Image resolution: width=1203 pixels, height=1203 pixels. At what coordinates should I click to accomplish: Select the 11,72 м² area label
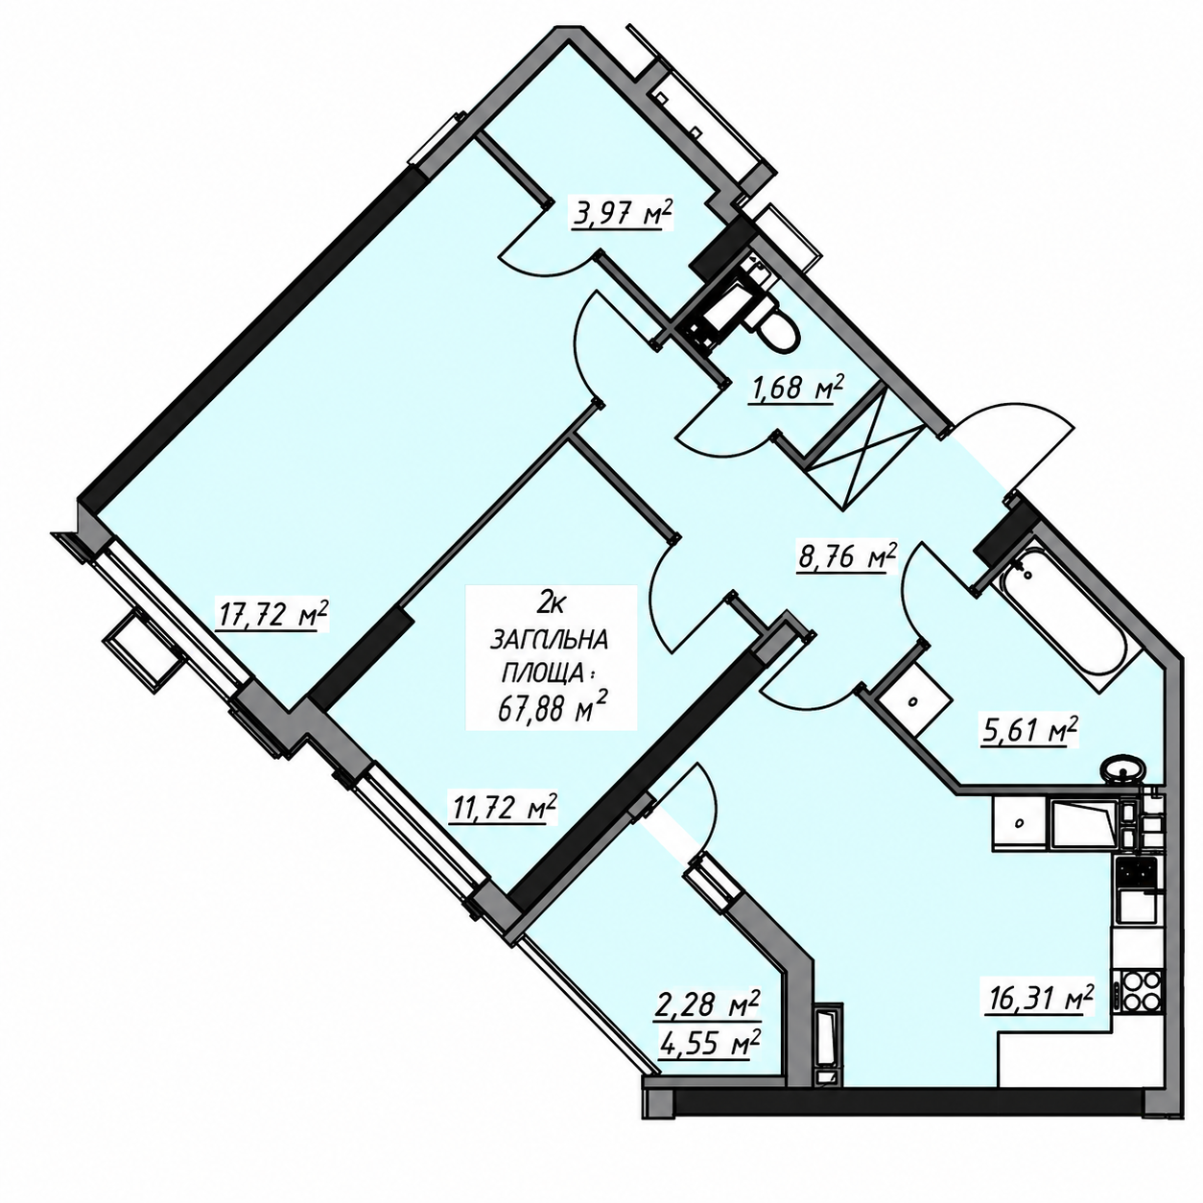pos(502,809)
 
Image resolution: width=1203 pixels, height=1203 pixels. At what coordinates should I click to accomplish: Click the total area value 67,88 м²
pos(553,709)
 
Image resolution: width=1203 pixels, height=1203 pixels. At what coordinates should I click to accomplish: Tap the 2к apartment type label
pos(551,603)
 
